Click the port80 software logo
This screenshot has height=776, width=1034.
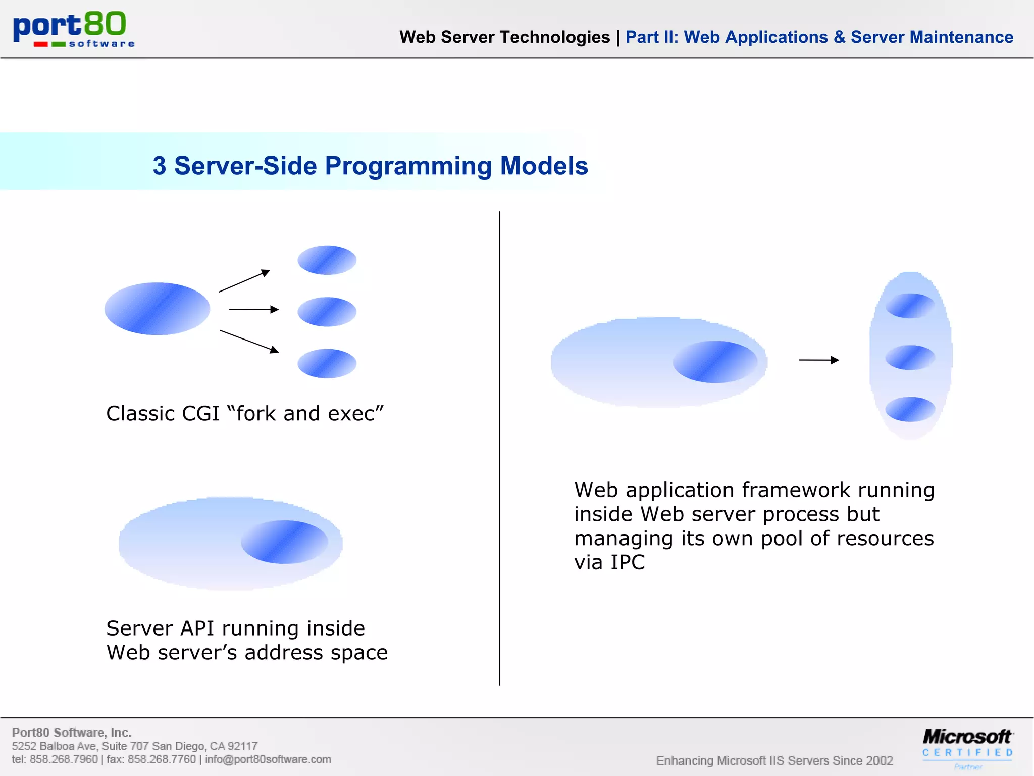(74, 29)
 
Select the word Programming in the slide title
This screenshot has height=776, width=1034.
(408, 166)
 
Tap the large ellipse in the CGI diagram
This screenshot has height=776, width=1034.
(157, 309)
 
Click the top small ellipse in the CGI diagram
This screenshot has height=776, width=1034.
(327, 260)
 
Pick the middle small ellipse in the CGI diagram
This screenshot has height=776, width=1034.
(327, 312)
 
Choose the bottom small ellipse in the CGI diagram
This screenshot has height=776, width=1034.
(327, 363)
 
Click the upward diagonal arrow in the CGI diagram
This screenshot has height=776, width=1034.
(244, 281)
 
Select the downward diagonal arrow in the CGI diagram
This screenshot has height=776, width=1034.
(249, 342)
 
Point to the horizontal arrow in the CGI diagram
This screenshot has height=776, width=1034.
(253, 309)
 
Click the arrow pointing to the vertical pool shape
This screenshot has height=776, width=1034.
(818, 360)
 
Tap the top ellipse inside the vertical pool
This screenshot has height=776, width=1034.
(910, 306)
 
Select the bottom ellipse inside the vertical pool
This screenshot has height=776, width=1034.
(910, 409)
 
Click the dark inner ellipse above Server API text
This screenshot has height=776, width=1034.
(284, 542)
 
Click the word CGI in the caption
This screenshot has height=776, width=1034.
(200, 414)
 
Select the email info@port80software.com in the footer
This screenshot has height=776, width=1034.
(268, 759)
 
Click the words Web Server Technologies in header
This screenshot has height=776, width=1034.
(504, 37)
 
